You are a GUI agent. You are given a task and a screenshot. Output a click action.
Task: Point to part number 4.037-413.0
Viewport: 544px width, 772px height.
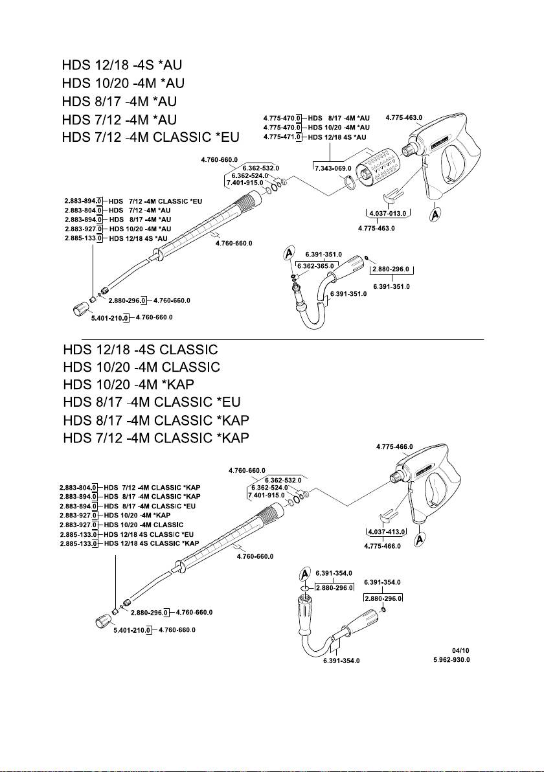[x=385, y=531]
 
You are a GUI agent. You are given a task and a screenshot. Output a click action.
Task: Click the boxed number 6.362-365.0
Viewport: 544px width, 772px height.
[x=315, y=266]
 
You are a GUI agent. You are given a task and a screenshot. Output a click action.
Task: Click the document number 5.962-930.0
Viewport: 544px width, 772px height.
[x=451, y=660]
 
